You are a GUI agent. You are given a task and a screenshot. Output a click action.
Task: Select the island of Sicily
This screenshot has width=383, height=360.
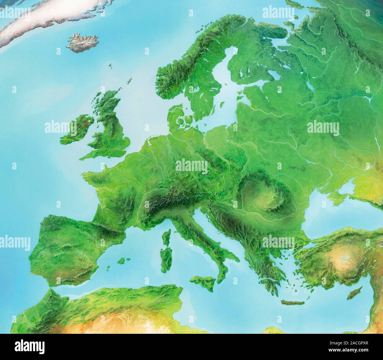pyautogui.click(x=204, y=281)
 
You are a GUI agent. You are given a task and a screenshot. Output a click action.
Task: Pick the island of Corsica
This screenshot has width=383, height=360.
pyautogui.click(x=167, y=238)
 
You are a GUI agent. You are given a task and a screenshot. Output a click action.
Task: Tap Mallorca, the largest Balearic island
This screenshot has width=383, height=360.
pyautogui.click(x=123, y=261)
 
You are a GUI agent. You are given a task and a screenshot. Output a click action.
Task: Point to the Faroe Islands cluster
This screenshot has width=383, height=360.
pyautogui.click(x=111, y=67)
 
